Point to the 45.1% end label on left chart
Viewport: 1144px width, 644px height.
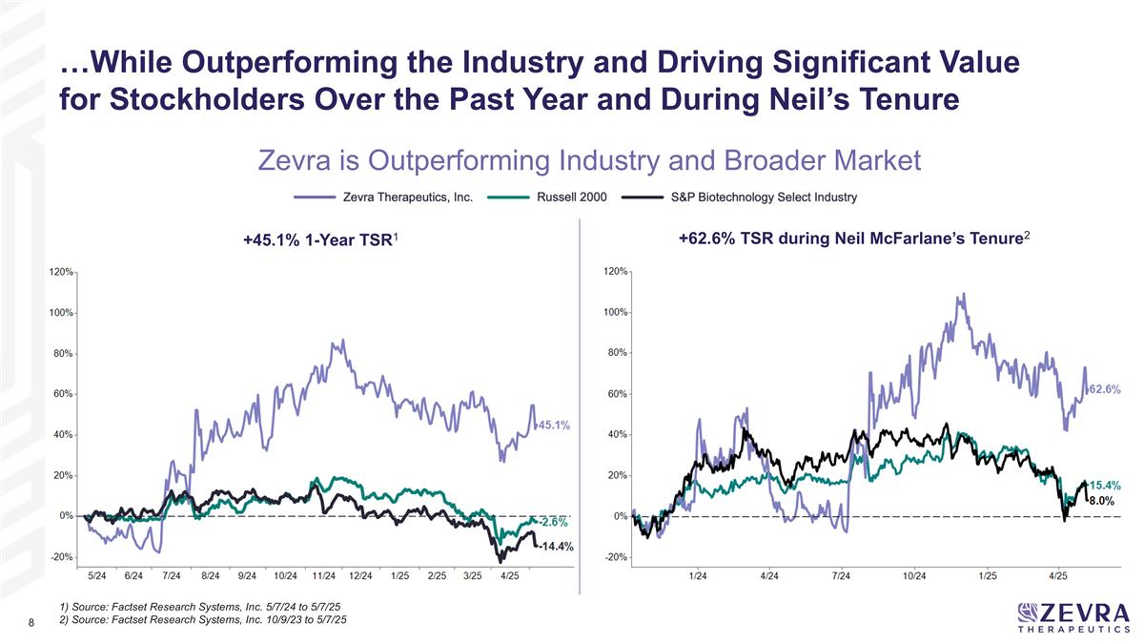(x=555, y=426)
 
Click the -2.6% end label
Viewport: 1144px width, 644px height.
(x=553, y=522)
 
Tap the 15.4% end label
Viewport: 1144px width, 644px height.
(x=1105, y=486)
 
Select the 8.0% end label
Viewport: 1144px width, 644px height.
(x=1102, y=500)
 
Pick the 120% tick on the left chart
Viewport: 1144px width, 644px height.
(x=61, y=272)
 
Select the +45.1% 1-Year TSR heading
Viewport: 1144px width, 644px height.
(x=318, y=245)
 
